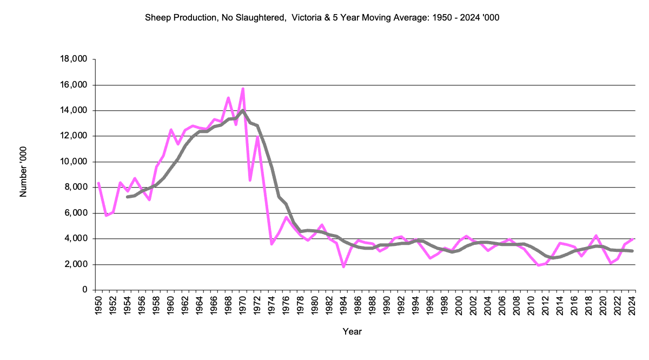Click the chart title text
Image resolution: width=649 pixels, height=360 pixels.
(x=322, y=18)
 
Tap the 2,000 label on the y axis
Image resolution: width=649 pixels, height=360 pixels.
(x=77, y=264)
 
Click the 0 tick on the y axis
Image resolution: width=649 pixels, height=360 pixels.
(x=85, y=290)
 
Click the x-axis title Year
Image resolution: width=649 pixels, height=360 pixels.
(x=352, y=331)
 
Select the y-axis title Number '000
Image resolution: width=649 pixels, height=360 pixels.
(x=23, y=171)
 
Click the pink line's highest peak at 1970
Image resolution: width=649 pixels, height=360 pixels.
(x=243, y=88)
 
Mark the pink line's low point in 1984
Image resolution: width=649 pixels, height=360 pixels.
(x=343, y=266)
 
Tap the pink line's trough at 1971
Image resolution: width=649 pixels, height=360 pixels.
(x=250, y=180)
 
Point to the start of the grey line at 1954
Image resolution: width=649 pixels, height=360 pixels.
(x=127, y=197)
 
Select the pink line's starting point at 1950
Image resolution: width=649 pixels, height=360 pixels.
(x=98, y=183)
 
